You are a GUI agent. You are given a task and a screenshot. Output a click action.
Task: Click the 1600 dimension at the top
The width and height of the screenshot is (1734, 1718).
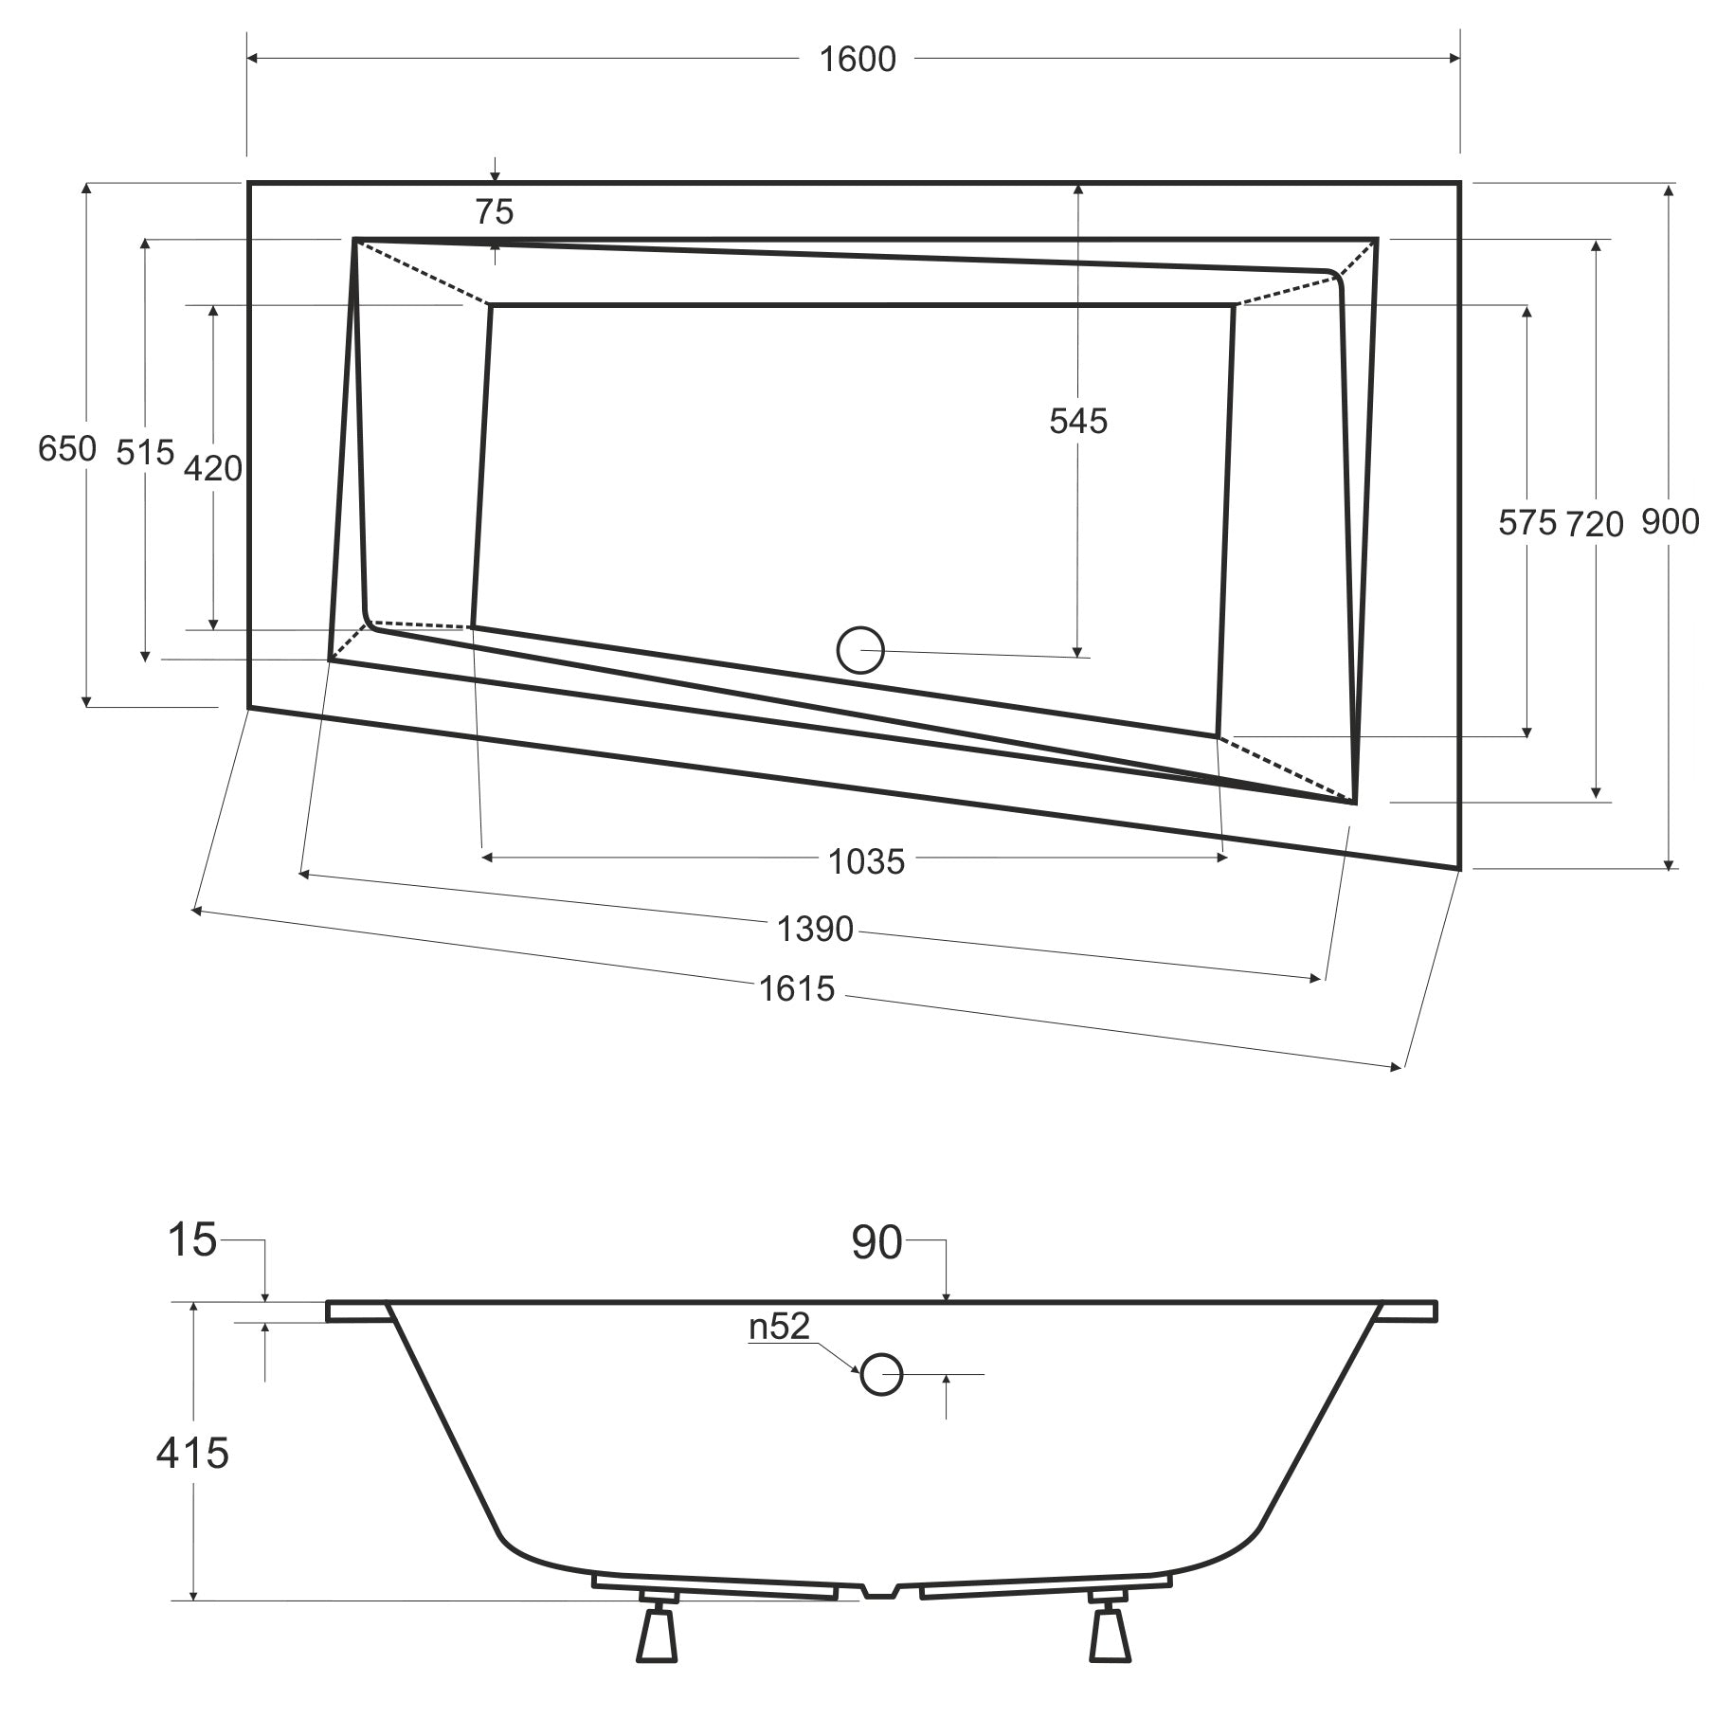[857, 59]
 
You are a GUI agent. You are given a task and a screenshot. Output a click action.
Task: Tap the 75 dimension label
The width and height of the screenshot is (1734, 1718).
[494, 211]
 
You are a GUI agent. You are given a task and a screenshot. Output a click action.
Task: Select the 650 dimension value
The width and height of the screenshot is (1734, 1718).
[66, 448]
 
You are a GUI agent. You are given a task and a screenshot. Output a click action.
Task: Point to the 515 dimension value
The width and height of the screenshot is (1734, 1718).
[145, 452]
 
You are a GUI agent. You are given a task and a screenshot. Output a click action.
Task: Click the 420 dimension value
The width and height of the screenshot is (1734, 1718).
[212, 468]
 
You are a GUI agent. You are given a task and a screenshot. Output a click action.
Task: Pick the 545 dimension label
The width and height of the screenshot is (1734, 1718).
[1077, 421]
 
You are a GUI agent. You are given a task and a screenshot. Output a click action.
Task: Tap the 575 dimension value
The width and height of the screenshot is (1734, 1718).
[1526, 522]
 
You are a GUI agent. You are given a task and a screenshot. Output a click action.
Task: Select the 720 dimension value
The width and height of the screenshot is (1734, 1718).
[1595, 523]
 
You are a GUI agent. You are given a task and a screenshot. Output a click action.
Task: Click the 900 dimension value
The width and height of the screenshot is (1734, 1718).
[1670, 521]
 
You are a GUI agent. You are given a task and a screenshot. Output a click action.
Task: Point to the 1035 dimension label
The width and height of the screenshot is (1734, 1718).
[866, 861]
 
